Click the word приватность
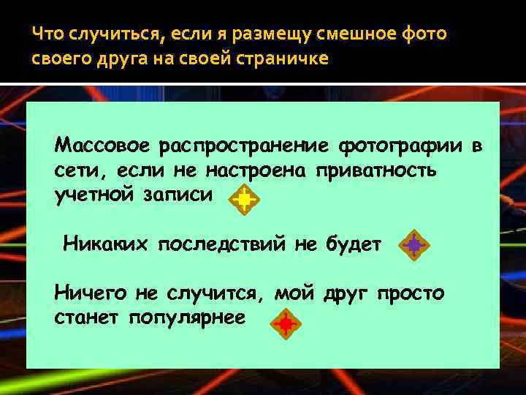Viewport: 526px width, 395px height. [376, 170]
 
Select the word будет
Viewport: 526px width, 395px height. [353, 244]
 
